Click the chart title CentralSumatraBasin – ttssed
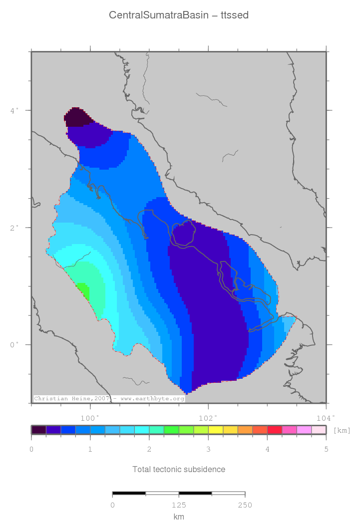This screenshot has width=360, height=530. point(179,15)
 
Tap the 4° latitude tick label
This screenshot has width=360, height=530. point(14,110)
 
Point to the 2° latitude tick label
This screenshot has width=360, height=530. point(14,228)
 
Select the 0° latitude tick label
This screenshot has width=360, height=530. point(14,345)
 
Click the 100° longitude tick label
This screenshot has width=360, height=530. point(90,418)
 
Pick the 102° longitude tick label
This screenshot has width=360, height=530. point(208,418)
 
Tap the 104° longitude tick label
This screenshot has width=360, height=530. point(325,418)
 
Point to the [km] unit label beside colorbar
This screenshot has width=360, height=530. point(342,430)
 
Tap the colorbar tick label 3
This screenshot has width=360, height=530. point(208,450)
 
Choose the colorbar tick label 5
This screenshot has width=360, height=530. point(326,450)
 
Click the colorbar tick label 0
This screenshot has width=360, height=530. point(31,450)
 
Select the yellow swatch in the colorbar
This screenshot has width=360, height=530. point(216,430)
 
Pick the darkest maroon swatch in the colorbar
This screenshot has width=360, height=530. point(38,430)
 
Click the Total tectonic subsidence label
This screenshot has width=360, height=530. point(179,469)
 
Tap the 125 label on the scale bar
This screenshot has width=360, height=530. point(178,505)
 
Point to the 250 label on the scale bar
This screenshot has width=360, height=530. point(244,505)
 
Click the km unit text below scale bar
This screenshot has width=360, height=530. point(178,517)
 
